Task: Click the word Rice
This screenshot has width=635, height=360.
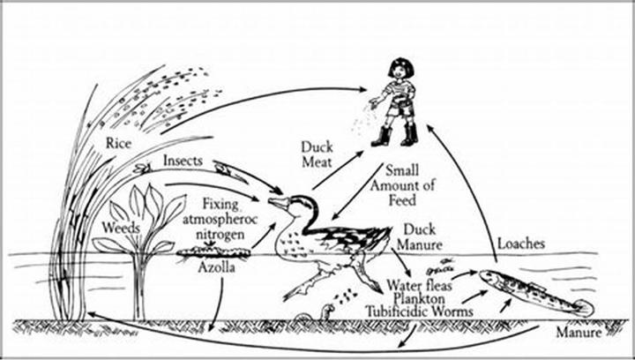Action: point(119,143)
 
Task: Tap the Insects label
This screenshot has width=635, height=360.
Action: point(183,161)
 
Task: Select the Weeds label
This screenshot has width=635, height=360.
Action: point(121,228)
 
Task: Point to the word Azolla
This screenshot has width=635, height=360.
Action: point(216,267)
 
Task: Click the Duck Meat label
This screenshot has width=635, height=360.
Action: point(317,154)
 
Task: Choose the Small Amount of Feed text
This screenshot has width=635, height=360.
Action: point(402,185)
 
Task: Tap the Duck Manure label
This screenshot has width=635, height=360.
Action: point(420,236)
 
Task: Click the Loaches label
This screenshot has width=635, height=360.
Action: point(521,244)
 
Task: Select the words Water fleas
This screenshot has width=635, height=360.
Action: point(419,285)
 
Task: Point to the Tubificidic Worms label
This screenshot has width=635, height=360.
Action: point(419,311)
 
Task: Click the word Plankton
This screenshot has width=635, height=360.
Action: point(420,298)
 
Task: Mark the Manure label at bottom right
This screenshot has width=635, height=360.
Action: point(579,333)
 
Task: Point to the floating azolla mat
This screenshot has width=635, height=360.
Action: point(213,251)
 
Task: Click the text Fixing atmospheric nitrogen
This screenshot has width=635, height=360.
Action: point(220,219)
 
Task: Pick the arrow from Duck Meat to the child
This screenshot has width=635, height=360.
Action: point(338,170)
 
